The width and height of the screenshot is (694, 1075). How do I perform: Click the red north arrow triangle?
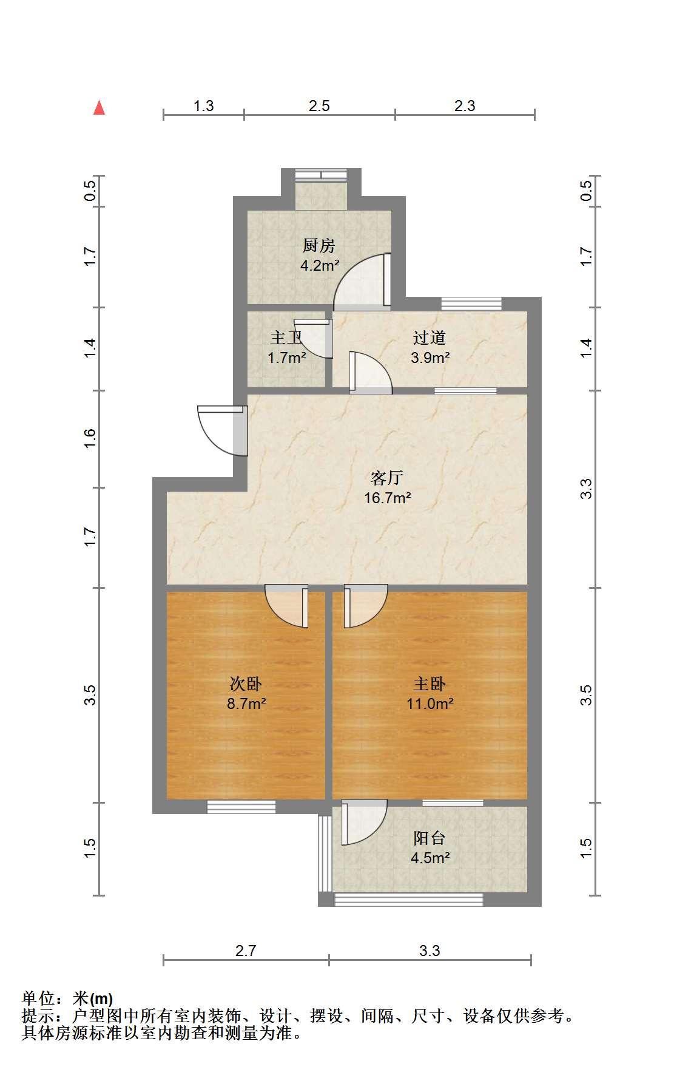(x=99, y=108)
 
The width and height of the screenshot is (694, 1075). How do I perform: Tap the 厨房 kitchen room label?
(x=319, y=246)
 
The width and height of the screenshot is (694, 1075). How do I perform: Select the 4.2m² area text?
(x=320, y=265)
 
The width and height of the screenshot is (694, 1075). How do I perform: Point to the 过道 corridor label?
(x=430, y=337)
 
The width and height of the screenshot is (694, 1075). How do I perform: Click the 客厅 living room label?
(x=387, y=478)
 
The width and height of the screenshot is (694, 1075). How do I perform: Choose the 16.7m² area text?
(x=388, y=498)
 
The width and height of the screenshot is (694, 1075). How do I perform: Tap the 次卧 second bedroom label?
(x=246, y=684)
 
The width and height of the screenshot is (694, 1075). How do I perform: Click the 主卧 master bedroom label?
(x=430, y=684)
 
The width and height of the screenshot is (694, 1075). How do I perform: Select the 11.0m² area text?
(x=430, y=704)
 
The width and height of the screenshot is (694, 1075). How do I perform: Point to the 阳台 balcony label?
(x=430, y=838)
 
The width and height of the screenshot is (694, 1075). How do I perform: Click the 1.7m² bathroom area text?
(x=287, y=358)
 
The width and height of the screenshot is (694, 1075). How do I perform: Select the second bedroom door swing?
(x=286, y=606)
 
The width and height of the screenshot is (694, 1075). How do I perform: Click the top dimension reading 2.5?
(x=319, y=106)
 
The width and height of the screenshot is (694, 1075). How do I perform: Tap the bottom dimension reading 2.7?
(x=246, y=951)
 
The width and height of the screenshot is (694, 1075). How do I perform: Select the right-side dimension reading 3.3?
(x=586, y=489)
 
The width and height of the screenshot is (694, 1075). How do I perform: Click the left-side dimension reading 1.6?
(x=90, y=438)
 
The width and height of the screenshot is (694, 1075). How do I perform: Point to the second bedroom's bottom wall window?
(x=241, y=807)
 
